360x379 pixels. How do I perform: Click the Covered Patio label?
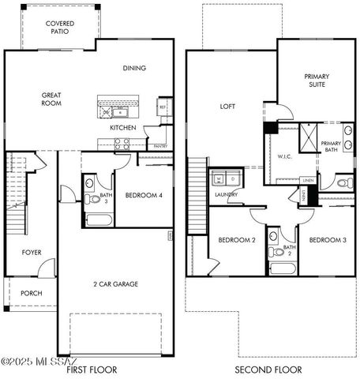(60, 28)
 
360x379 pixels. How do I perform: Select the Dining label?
(134, 68)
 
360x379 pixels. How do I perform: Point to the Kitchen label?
(123, 128)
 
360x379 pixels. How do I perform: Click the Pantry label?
(159, 146)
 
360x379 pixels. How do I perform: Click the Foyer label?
(32, 253)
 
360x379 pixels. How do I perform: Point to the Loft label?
(227, 106)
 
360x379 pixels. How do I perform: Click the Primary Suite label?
(317, 81)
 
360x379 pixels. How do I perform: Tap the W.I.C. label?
(285, 156)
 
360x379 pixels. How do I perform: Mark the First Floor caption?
(92, 370)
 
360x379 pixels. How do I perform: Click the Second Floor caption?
(268, 370)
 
